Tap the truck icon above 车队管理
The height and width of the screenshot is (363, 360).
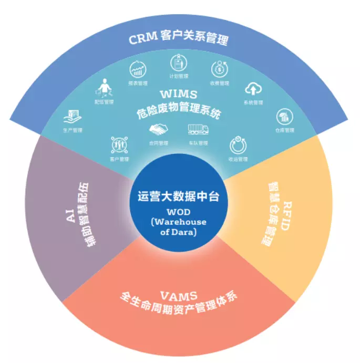click(198, 129)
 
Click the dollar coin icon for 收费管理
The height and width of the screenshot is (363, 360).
click(219, 69)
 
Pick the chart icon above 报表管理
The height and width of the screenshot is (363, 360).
click(138, 69)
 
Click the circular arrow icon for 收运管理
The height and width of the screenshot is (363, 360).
click(237, 144)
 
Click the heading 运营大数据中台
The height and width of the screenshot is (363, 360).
click(178, 198)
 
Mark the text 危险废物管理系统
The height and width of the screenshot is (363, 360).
click(178, 109)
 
